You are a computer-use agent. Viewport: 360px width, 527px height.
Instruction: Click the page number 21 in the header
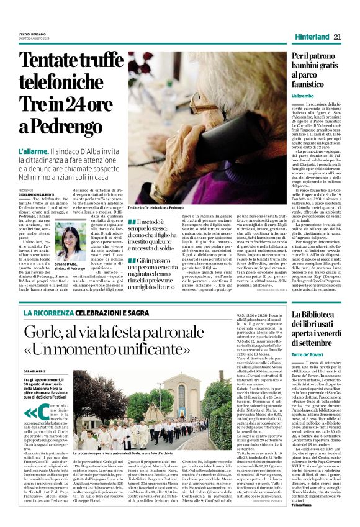pyautogui.click(x=337, y=37)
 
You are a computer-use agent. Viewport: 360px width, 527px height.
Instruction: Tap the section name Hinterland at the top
pyautogui.click(x=311, y=37)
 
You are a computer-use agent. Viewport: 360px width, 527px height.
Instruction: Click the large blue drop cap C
pyautogui.click(x=39, y=414)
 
